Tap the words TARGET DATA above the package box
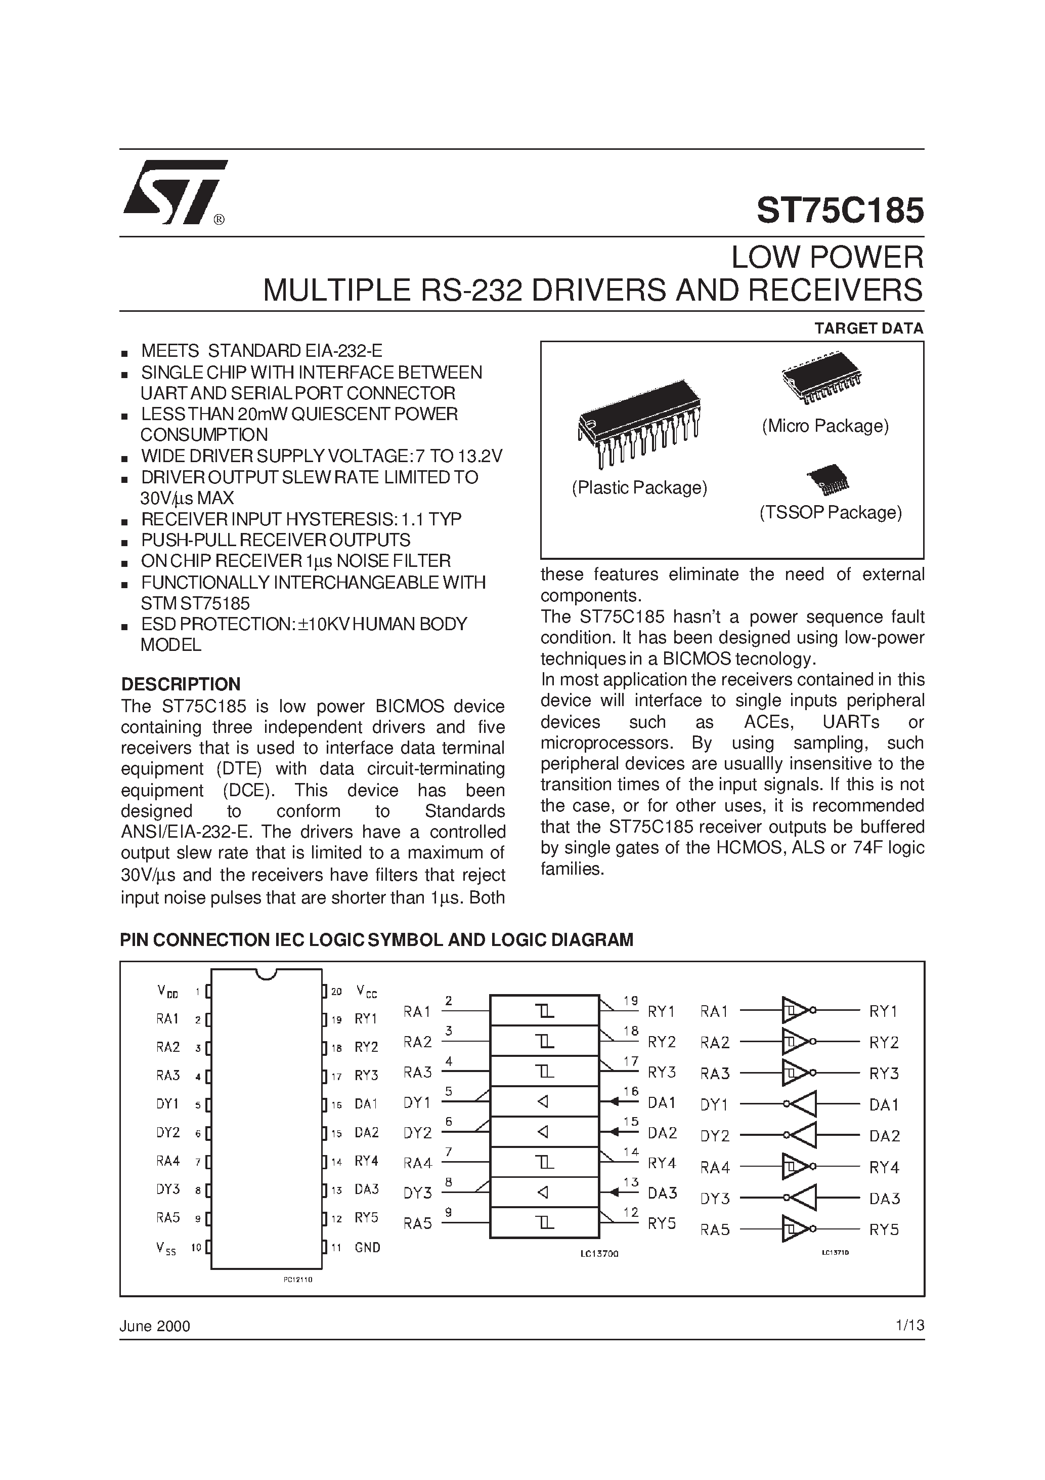coord(868,328)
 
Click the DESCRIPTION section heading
coord(181,684)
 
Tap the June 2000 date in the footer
coord(155,1326)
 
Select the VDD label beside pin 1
coord(167,992)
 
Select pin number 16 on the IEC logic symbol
coord(631,1091)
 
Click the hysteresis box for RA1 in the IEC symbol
coord(544,1011)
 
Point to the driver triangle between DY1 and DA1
coord(803,1104)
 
